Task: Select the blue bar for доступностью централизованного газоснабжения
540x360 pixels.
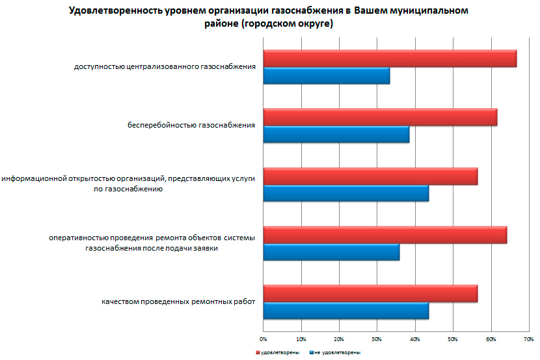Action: click(326, 76)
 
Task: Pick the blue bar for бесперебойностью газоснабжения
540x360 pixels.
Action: click(336, 135)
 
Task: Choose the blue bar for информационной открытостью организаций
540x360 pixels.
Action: click(345, 193)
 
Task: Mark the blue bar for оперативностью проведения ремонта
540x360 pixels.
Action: click(331, 252)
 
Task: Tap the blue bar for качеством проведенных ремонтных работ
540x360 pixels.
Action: click(345, 311)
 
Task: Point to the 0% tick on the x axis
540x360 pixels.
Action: click(263, 339)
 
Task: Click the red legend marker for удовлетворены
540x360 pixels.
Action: click(257, 352)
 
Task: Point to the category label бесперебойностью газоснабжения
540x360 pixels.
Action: click(191, 124)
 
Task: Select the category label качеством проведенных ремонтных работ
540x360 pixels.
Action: click(178, 301)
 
